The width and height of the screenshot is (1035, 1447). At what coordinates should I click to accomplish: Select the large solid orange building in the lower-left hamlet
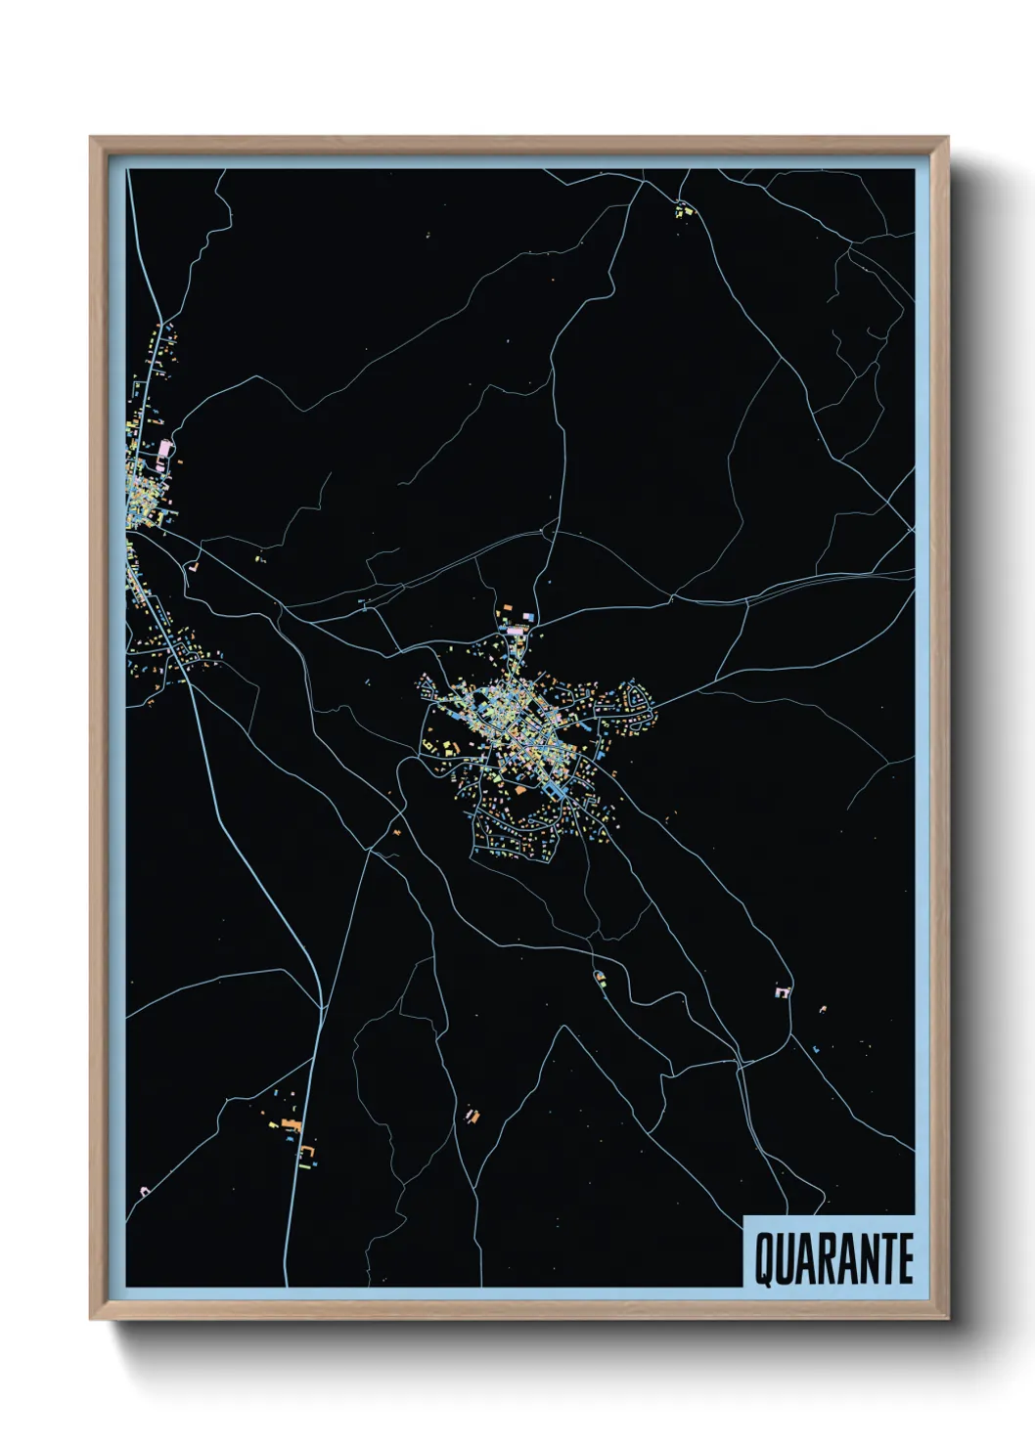[x=290, y=1122]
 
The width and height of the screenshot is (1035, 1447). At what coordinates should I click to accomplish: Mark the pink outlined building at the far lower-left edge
[x=145, y=1190]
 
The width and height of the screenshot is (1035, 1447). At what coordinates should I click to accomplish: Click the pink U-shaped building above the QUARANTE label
[x=783, y=992]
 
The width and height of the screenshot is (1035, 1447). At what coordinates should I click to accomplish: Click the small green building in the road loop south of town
[x=600, y=976]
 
